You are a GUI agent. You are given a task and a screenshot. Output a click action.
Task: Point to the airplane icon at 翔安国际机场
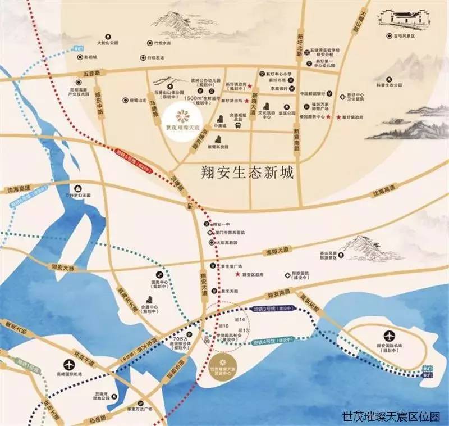click(388, 336)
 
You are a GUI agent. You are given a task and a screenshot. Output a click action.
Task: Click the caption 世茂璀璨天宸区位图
click(391, 416)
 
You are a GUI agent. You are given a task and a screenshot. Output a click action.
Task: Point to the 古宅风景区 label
click(404, 36)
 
